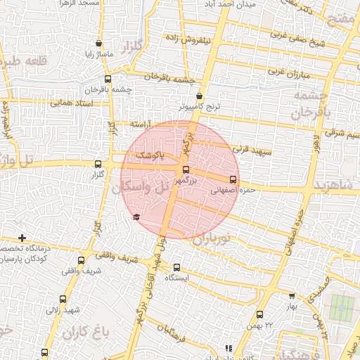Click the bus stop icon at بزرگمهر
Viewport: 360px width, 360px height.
186,169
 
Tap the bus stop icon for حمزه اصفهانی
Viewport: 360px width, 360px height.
233,179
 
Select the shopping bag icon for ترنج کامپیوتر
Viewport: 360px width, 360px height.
200,96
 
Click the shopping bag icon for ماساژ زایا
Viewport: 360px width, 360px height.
98,44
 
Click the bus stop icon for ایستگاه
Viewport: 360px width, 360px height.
176,267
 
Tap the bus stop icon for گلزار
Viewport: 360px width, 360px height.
98,164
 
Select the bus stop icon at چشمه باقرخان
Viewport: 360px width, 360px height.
107,79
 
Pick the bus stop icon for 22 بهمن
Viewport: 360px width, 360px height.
259,314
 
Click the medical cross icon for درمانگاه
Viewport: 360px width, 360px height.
22,238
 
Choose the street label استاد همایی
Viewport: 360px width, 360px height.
70,103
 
